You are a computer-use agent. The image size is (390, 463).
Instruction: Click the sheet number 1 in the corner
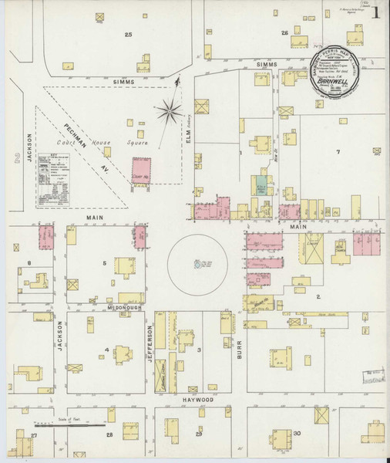pos(375,12)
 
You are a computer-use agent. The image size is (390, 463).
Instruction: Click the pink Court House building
pos(142,170)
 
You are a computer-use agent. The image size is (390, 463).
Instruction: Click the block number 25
pos(128,35)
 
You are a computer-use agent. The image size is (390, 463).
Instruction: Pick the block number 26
pos(284,32)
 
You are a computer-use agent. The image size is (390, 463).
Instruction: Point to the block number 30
pos(297,434)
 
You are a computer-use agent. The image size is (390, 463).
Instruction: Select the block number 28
pos(109,436)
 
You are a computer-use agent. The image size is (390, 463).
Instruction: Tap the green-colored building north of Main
pos(261,185)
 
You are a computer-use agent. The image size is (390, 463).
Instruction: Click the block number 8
pos(29,264)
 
